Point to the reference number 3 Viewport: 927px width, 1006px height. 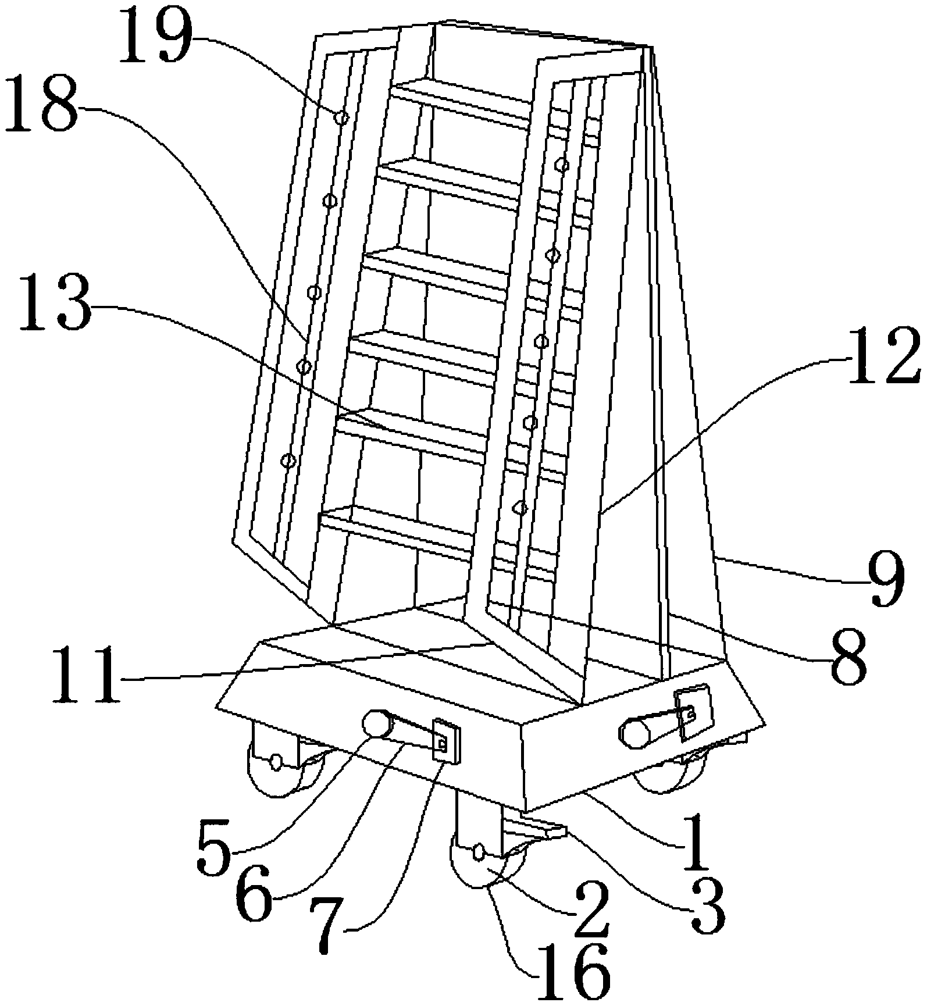[708, 906]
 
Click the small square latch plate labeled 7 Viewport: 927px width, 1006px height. [446, 742]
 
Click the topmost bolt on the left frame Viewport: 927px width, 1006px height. [343, 118]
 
